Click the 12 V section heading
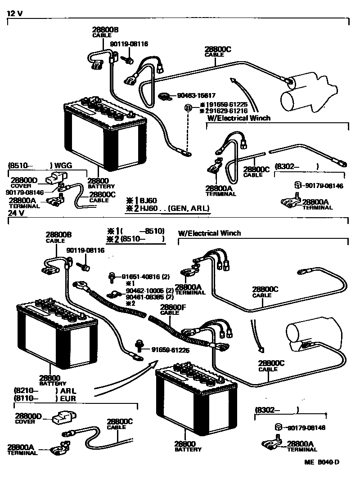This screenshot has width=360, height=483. pyautogui.click(x=14, y=13)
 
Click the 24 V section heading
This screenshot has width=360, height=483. pyautogui.click(x=14, y=215)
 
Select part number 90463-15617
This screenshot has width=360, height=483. pyautogui.click(x=196, y=96)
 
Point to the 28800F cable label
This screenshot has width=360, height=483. pyautogui.click(x=170, y=307)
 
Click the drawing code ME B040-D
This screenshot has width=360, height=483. pyautogui.click(x=321, y=462)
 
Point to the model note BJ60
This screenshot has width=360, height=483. pyautogui.click(x=148, y=200)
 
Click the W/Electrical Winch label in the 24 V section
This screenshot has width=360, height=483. pyautogui.click(x=210, y=233)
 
